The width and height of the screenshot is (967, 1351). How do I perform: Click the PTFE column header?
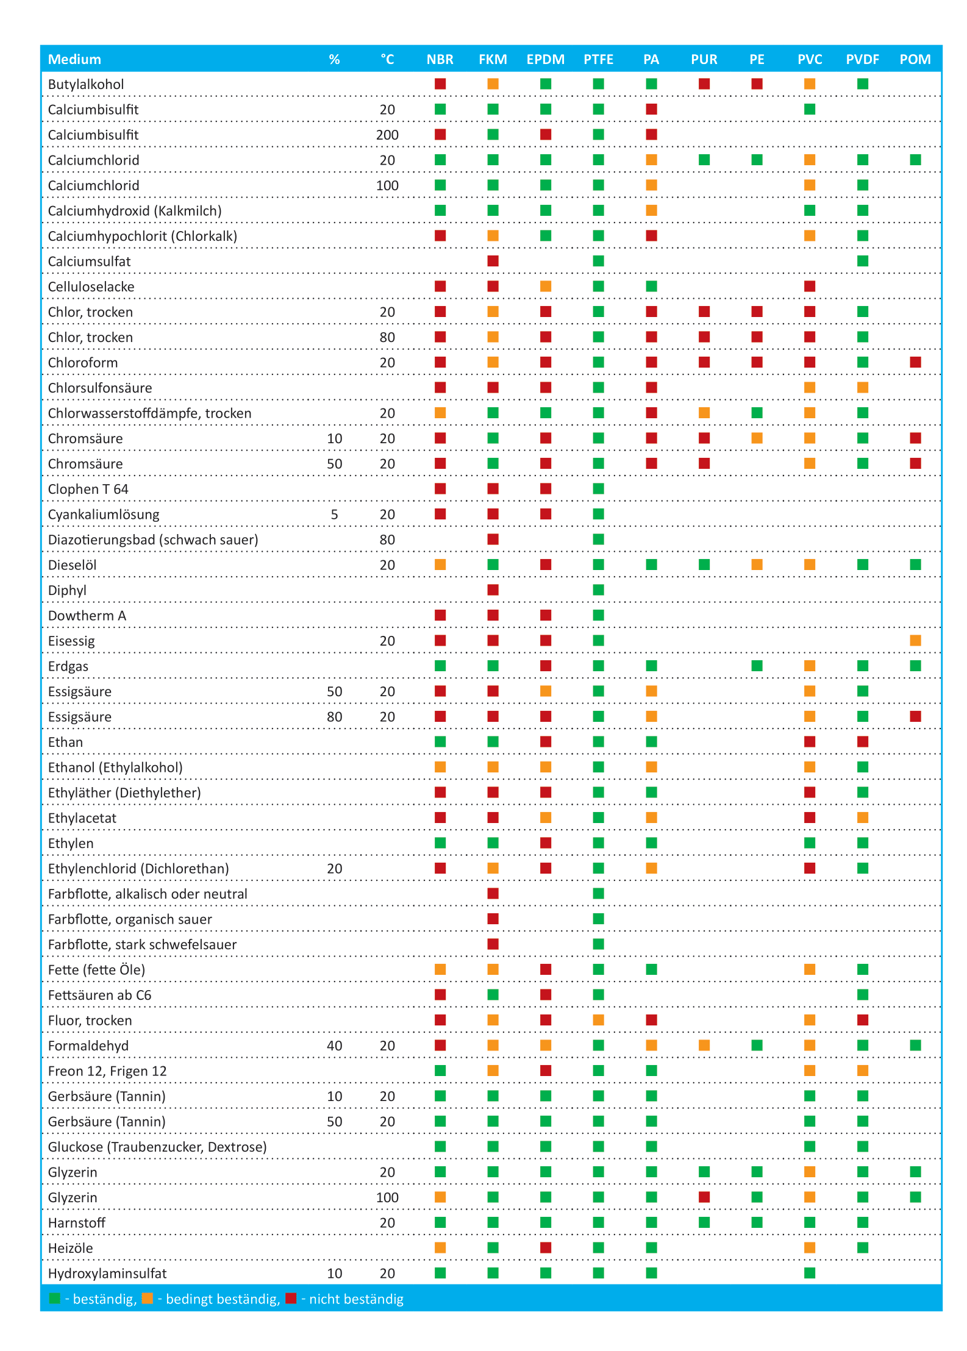coord(598,59)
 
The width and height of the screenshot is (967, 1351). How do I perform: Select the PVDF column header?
coord(862,59)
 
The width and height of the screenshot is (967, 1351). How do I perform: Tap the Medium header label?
coord(74,59)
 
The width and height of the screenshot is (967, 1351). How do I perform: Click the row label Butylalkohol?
coord(86,84)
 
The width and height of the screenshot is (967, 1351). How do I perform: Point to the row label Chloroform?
coord(83,363)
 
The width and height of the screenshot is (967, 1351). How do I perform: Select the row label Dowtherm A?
coord(87,616)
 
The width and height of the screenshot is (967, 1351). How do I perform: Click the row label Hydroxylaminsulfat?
coord(107,1274)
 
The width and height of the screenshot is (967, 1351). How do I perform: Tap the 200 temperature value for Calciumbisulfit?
coord(387,135)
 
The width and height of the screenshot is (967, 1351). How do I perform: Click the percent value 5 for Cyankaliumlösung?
coord(334,515)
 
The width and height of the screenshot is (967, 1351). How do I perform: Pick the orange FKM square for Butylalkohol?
coord(493,84)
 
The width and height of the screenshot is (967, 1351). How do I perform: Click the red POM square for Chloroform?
coord(915,362)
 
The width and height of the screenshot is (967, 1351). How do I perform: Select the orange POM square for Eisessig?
coord(915,640)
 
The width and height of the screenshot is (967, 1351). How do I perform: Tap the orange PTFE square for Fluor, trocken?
coord(598,1020)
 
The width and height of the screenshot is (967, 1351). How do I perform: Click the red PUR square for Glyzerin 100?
coord(704,1197)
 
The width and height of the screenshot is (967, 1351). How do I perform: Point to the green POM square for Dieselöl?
coord(915,565)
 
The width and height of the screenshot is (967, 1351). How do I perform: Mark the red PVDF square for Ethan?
coord(862,741)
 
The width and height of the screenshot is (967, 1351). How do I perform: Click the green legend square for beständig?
coord(55,1299)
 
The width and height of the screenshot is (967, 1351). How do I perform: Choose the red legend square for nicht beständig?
coord(291,1299)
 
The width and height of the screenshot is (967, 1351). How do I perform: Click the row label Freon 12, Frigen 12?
coord(107,1071)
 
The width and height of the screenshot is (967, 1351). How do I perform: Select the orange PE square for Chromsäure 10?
coord(757,438)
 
